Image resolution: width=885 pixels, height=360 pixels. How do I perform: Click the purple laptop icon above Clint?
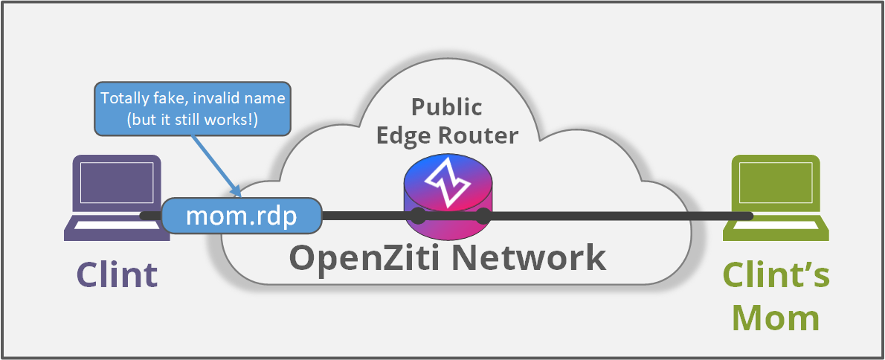[x=113, y=197]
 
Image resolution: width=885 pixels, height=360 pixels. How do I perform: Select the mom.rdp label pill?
[x=242, y=216]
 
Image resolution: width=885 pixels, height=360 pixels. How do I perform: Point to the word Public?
[x=446, y=107]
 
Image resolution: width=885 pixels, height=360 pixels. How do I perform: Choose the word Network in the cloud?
[x=529, y=258]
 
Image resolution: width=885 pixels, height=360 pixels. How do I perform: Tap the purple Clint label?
[x=118, y=274]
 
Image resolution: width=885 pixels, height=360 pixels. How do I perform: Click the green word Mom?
[x=776, y=317]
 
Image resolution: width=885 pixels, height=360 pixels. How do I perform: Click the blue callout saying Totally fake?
[x=193, y=109]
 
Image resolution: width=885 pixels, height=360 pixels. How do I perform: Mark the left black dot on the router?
[x=419, y=216]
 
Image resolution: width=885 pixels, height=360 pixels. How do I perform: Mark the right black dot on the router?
[x=483, y=216]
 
